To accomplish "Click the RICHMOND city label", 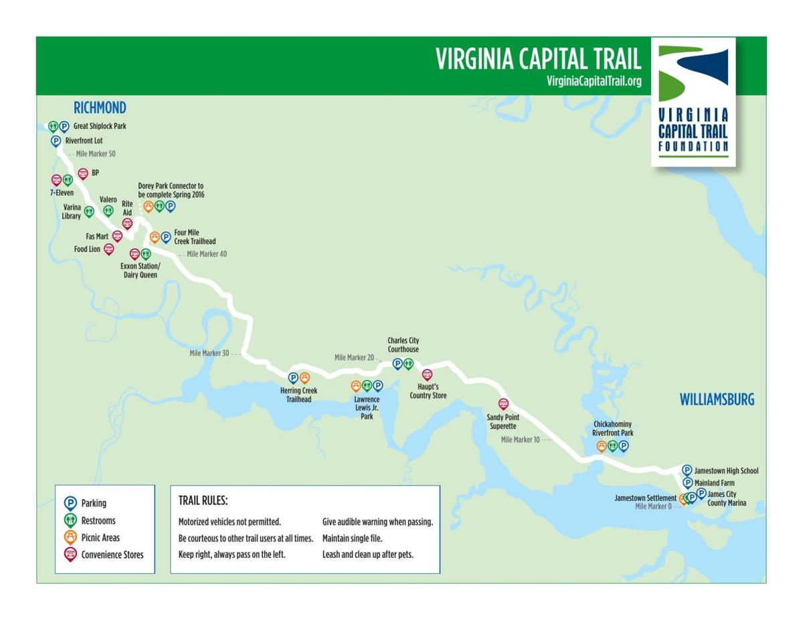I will (100, 108).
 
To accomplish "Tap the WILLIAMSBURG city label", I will (717, 400).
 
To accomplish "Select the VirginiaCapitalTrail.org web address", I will (594, 81).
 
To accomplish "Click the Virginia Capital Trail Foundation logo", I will (693, 101).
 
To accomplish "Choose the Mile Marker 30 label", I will (209, 353).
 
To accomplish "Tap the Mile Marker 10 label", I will (520, 439).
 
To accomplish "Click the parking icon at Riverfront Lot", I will (56, 141).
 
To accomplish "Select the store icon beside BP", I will (83, 173).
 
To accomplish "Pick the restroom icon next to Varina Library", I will (89, 211).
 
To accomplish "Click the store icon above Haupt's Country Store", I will (428, 375).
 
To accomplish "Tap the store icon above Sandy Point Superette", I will (504, 403).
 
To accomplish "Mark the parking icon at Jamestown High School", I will (687, 470).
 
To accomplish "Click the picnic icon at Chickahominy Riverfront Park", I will (602, 446).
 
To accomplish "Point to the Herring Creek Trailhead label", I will (298, 395).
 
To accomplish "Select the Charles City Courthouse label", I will (403, 344).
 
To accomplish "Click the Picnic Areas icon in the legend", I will (70, 537).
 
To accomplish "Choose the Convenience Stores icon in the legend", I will (70, 554).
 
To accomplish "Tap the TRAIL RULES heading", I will (203, 500).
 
